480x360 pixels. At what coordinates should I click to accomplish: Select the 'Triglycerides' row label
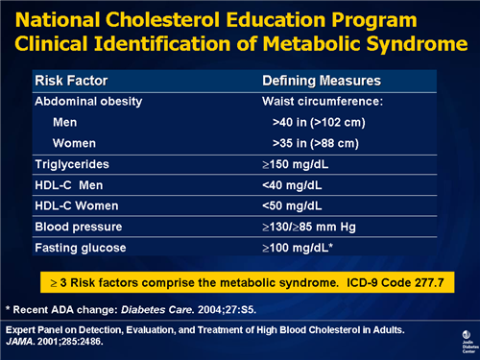pyautogui.click(x=70, y=165)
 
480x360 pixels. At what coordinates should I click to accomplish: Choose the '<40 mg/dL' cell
pyautogui.click(x=294, y=186)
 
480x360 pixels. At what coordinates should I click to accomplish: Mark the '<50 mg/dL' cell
pyautogui.click(x=294, y=207)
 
